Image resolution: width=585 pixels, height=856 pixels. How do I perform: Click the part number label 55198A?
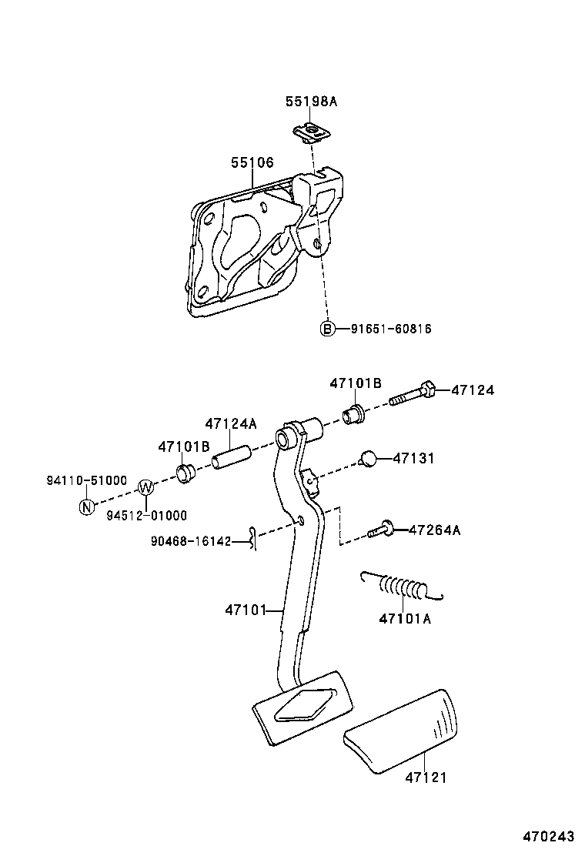pos(311,101)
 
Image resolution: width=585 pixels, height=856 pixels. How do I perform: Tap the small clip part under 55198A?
pos(312,133)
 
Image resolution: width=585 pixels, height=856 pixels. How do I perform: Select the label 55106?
pos(252,162)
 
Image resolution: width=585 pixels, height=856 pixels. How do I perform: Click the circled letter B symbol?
pos(327,329)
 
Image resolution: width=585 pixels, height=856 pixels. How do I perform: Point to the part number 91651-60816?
pos(390,329)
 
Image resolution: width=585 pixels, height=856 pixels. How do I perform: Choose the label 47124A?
pos(230,424)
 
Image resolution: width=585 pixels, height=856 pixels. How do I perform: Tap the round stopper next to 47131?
pos(369,460)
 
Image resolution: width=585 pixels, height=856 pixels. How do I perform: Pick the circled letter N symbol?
pos(87,507)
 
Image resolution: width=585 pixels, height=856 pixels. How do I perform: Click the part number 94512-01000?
pos(146,515)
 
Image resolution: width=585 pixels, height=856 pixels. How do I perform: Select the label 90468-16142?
pos(192,541)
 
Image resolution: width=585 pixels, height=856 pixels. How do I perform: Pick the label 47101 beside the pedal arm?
pos(245,610)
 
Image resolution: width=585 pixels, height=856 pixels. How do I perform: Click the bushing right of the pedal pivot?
pos(354,413)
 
